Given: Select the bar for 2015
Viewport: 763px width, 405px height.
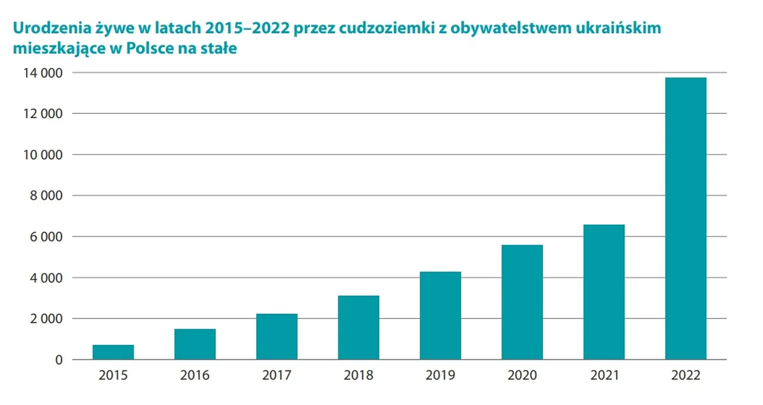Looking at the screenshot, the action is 113,352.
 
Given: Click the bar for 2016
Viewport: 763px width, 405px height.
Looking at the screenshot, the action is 195,344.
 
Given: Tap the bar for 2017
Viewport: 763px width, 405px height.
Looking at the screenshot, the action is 277,336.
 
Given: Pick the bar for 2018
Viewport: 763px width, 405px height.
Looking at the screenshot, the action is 358,327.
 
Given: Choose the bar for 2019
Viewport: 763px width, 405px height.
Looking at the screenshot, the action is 440,316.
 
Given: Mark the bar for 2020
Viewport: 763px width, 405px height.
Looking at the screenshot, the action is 522,302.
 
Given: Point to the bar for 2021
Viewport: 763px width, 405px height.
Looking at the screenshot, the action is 604,292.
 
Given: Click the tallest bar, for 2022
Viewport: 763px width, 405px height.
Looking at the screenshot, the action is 686,218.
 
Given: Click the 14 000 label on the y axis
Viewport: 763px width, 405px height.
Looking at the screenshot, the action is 43,73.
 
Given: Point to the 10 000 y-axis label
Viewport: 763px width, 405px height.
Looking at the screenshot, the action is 43,154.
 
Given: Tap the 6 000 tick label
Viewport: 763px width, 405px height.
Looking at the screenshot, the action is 46,237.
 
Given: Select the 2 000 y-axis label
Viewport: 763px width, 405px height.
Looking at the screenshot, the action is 46,319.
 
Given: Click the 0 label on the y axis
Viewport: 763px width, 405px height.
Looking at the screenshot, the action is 59,360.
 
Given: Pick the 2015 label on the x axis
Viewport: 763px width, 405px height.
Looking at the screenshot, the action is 113,375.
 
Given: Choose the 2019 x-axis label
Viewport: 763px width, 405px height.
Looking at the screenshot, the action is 440,375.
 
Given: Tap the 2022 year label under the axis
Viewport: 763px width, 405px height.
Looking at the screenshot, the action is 686,375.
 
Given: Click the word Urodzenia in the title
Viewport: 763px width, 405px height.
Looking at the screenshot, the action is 52,28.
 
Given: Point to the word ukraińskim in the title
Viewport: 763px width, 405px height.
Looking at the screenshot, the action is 618,28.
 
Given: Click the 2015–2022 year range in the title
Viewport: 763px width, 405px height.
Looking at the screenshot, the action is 247,28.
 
